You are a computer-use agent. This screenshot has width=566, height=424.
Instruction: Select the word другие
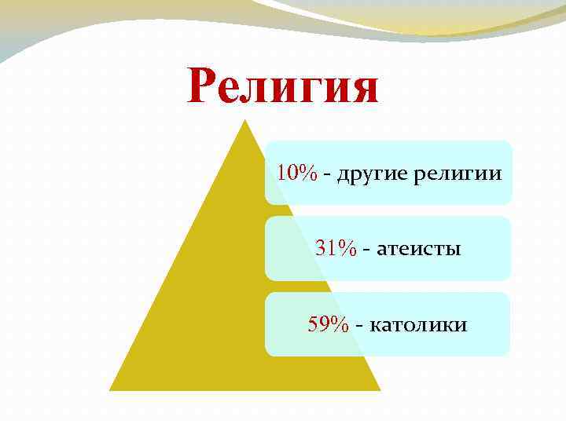(372, 174)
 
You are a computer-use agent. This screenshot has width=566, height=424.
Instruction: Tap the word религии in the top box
(457, 174)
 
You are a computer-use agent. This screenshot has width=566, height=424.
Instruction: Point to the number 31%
(336, 250)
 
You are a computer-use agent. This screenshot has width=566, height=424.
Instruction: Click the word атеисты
(419, 250)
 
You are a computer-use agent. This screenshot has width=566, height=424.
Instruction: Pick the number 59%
(329, 324)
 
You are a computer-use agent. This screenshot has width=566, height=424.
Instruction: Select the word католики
(417, 324)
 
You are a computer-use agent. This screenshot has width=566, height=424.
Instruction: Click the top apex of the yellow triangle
(244, 120)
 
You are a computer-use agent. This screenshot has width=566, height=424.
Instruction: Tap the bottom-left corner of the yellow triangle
(109, 390)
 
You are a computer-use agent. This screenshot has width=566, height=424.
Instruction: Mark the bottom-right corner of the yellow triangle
(380, 390)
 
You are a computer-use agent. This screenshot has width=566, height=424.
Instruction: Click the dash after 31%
(366, 250)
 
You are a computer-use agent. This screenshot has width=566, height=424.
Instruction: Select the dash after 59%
(360, 326)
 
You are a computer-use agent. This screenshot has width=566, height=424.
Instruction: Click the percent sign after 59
(339, 324)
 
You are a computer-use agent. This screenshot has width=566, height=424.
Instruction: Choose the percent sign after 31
(347, 250)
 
